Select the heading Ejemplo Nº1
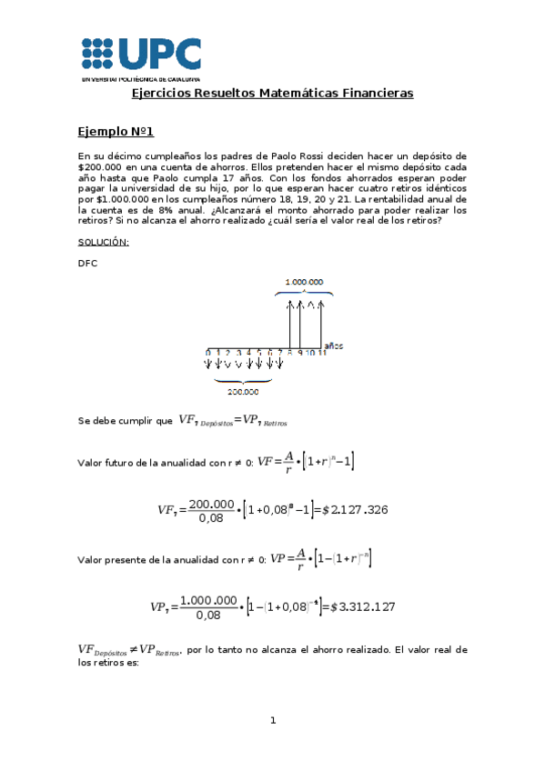pos(116,132)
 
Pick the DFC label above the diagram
pos(88,264)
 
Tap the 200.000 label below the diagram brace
pos(240,391)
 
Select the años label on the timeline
pos(334,345)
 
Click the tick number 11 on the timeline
pos(321,352)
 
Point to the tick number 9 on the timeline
pos(299,352)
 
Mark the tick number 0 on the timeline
pos(207,352)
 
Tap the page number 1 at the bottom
pos(272,721)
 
